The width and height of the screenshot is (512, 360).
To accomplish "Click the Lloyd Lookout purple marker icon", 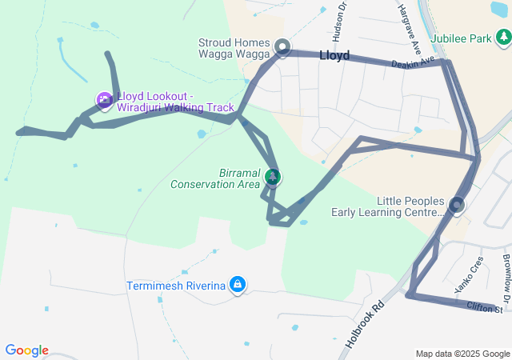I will coord(105,101).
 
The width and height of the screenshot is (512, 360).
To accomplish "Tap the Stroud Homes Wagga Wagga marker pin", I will coord(282,47).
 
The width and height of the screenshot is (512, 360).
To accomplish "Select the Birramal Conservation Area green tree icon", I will coord(273,176).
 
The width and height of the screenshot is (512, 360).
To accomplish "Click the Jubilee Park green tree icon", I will coord(502,37).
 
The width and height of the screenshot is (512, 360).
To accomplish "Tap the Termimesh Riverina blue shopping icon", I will coord(238,284).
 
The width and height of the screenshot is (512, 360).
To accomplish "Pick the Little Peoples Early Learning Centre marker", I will coord(457,206).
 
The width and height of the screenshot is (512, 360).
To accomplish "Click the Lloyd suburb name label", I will coord(334,56).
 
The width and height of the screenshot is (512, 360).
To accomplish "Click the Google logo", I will coord(26,350).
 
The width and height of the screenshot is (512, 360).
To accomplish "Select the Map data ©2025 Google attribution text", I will coord(462,354).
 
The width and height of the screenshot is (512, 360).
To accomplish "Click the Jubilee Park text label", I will coord(458,38).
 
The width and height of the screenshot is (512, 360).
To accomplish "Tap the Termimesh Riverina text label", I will coord(176,286).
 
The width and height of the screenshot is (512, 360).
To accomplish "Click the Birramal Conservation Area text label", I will coord(216,178).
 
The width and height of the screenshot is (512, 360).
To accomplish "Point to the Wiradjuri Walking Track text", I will coord(176,107).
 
